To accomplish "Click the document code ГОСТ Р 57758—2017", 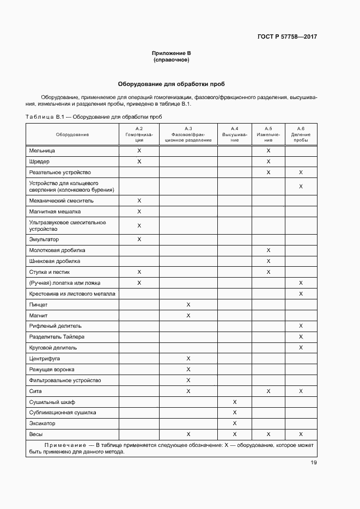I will coord(287,37).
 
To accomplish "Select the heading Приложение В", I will coord(171,53).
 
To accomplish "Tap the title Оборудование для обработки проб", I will coord(171,84).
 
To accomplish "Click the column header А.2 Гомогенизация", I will coord(139,134).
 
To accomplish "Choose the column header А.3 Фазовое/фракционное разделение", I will coord(188,134).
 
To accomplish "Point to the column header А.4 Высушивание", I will coord(234,134).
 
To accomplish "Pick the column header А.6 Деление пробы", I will coord(301,134).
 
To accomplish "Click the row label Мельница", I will coord(42,150).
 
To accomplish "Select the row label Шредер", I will coord(39,162).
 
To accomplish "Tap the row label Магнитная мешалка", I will coord(54,212).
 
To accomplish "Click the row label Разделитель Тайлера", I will coord(57,337).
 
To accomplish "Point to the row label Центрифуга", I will coord(45,359).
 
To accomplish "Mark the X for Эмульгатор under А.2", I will coord(139,240).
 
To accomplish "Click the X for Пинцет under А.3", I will coord(188,305).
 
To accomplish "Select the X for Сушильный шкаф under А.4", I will coord(234,402).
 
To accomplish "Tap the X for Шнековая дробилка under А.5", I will coord(268,261).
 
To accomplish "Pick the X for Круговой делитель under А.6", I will coord(301,348).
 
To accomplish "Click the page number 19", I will coord(314,463).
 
